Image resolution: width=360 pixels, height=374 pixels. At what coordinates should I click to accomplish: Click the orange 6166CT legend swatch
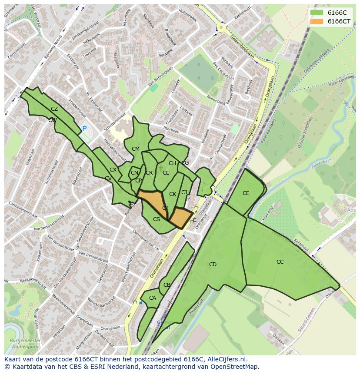click(x=317, y=21)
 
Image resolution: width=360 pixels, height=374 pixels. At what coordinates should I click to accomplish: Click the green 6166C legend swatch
click(x=317, y=12)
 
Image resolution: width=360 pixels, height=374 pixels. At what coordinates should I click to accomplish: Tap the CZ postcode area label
click(x=54, y=109)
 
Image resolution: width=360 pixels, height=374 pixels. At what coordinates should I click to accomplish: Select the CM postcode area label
click(x=136, y=149)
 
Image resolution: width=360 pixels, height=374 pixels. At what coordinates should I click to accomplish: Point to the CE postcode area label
click(x=246, y=193)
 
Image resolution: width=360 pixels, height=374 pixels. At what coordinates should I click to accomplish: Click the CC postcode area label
click(x=280, y=262)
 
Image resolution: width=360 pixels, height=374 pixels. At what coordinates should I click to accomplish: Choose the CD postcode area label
click(x=213, y=265)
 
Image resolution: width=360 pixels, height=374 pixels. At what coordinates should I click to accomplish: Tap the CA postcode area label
click(x=153, y=298)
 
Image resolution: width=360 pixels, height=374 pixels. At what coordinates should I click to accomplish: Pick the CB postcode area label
click(x=167, y=285)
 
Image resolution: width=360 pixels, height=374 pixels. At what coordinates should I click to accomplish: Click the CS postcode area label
click(x=157, y=219)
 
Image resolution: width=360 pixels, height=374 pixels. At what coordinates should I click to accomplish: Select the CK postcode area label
click(x=173, y=194)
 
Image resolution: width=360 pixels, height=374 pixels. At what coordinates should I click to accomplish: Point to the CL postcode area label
click(x=166, y=173)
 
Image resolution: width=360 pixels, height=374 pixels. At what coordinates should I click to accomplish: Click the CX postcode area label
click(x=113, y=170)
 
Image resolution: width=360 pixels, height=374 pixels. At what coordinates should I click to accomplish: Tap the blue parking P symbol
click(x=84, y=129)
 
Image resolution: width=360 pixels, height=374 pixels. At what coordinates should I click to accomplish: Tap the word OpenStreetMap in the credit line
click(x=238, y=367)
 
